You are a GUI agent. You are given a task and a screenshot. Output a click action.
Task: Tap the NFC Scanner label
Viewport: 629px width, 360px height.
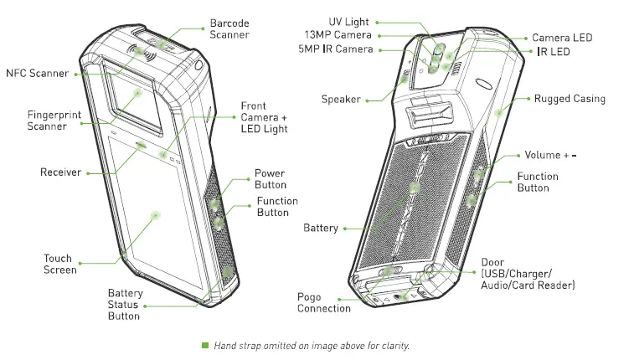pos(36,74)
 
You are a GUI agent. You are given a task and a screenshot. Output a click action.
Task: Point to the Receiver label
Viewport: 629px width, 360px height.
pos(60,172)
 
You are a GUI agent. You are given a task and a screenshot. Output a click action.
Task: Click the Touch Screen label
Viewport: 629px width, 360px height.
pos(59,264)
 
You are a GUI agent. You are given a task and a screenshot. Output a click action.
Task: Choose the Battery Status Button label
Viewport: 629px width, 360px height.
pos(124,304)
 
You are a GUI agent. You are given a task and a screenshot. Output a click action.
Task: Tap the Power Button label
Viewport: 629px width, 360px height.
pos(270,179)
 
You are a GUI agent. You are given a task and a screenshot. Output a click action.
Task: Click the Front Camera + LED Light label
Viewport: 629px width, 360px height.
pos(264,117)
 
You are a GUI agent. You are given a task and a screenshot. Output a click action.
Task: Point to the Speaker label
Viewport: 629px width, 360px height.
pos(341,99)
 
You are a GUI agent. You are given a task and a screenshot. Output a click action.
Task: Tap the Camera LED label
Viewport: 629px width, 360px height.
pos(562,38)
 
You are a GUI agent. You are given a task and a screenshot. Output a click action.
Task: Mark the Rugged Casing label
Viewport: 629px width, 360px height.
pos(570,99)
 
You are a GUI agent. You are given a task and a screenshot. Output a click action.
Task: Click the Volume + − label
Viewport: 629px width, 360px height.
pos(550,156)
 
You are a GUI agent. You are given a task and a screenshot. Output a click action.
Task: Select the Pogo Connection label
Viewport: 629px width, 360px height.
pos(323,302)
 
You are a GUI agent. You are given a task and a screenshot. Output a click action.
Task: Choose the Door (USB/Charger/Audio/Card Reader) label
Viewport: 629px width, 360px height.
pos(528,274)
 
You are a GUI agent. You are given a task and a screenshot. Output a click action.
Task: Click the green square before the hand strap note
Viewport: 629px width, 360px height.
pos(204,345)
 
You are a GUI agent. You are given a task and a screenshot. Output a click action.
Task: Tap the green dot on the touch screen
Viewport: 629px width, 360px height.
pos(156,215)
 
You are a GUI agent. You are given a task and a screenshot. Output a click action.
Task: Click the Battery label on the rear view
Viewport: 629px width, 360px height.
pos(320,228)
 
